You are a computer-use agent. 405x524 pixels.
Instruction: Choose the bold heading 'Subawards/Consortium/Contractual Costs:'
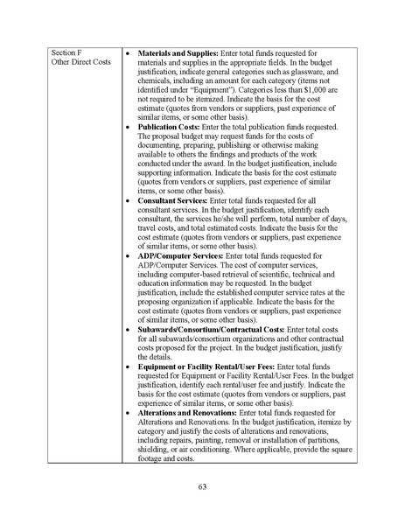(x=211, y=329)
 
